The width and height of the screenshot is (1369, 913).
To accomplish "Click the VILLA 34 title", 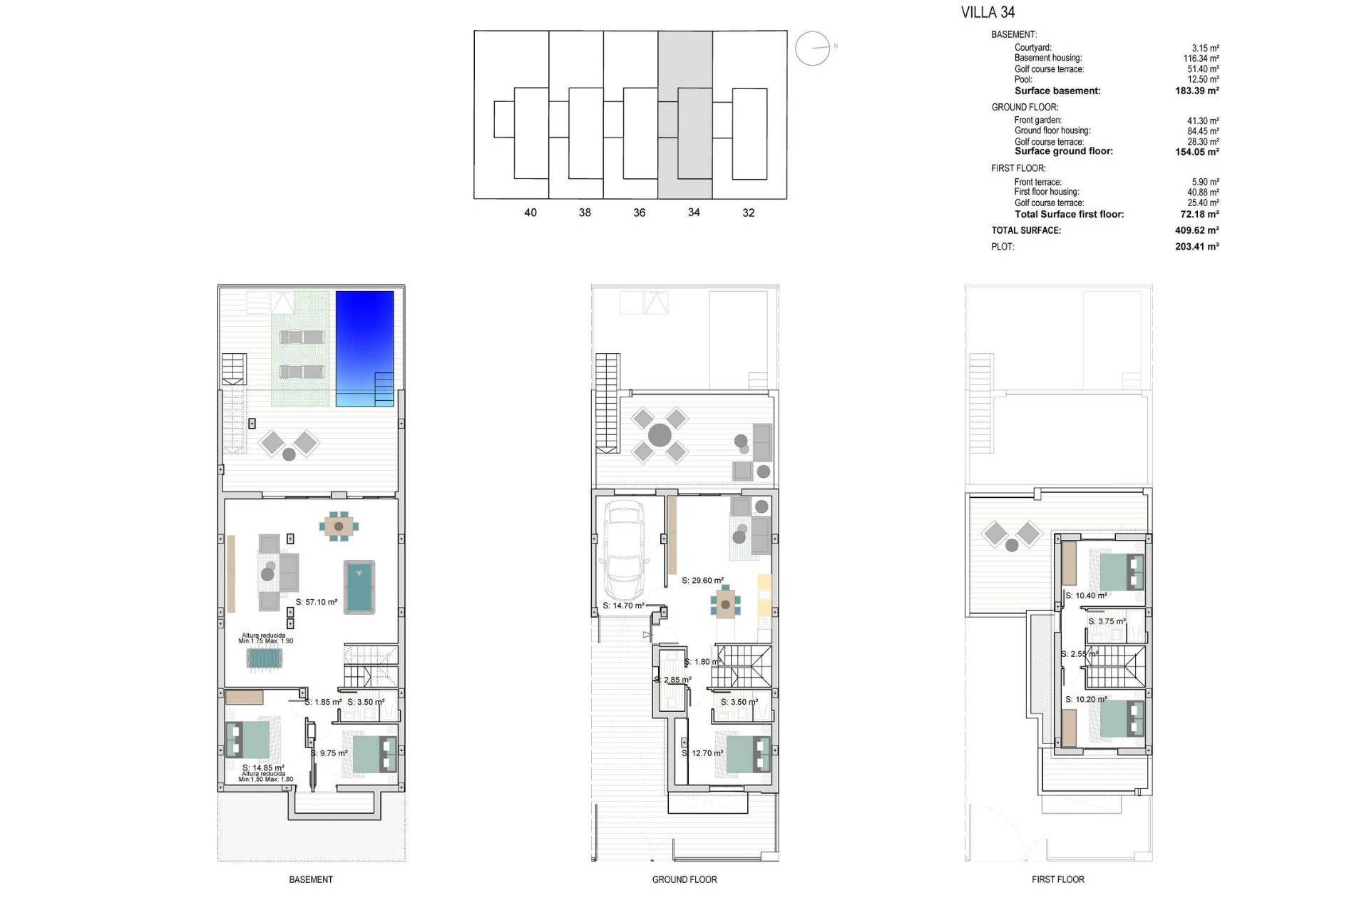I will pos(988,12).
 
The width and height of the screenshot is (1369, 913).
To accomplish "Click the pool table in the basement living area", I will pos(359,586).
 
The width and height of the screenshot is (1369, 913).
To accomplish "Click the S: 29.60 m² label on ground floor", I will pos(702,581).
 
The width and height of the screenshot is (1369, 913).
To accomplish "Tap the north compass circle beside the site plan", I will pos(812,49).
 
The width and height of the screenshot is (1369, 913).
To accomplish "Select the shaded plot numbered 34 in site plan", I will pos(684,114).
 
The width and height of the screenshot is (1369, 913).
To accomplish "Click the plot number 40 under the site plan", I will pos(530,213).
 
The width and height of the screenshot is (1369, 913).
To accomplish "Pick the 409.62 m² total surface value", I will pos(1196,230).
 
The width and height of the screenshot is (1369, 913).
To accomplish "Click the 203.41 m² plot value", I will pos(1196,247).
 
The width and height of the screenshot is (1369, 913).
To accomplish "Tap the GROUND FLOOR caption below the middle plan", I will pos(684,879).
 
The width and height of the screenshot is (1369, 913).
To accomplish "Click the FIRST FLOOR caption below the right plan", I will pos(1057,879).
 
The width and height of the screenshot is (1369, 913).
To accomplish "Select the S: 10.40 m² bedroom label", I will pos(1086,596).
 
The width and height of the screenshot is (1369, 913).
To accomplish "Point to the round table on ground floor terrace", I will pos(660,434).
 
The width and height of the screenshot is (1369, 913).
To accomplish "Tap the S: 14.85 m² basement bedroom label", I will pos(263,768).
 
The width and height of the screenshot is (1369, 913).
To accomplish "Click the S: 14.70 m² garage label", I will pos(623,606).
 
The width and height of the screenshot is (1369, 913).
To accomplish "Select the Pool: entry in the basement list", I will pos(1023,79).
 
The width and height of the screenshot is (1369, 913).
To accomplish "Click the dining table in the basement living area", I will pos(339,526).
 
